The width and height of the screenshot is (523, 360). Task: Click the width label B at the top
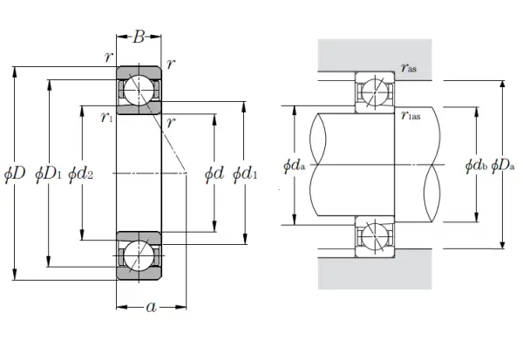point(139,37)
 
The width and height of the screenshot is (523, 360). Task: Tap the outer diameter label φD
point(15,174)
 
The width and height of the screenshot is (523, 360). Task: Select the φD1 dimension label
point(48,174)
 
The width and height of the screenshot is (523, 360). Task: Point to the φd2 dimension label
point(80,174)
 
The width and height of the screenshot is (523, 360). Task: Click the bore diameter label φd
point(214,174)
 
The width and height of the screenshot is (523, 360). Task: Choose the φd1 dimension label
point(245,174)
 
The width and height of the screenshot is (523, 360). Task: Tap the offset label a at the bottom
point(152,307)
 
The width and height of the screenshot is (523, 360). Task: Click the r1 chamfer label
point(106,118)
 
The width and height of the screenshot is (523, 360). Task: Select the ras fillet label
point(409,68)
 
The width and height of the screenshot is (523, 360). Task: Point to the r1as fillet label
point(411,115)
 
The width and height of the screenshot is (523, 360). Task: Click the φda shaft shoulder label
point(295,166)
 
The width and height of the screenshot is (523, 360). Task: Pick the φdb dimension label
point(476,166)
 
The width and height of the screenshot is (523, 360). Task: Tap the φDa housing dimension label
point(503,166)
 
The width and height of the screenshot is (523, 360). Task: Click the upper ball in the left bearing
point(139,90)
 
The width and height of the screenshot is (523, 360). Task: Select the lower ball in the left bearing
point(139,256)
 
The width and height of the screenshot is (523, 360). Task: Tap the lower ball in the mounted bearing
point(375,236)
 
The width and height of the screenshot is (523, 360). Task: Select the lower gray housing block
point(375,269)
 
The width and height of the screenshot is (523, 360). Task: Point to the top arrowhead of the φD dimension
point(14,71)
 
